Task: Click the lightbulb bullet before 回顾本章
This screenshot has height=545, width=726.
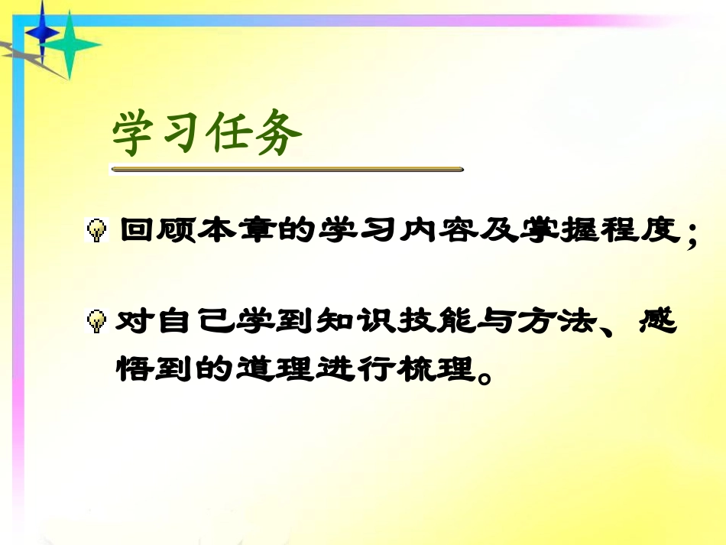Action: pos(97,230)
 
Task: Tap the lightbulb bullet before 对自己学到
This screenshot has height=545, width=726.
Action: pos(97,323)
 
